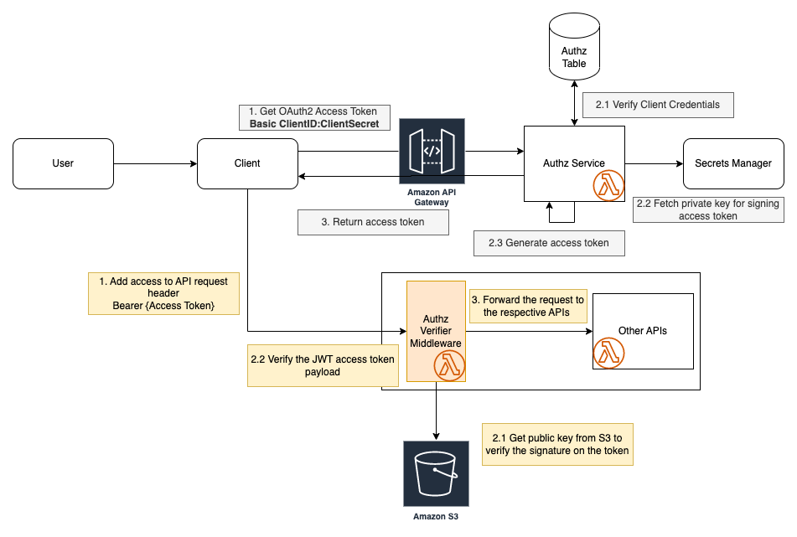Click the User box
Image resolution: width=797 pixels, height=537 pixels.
click(x=63, y=163)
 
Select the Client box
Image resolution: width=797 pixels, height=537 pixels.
click(x=247, y=163)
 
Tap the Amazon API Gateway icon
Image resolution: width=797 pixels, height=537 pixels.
click(x=432, y=152)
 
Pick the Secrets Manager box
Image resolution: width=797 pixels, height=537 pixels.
click(x=733, y=163)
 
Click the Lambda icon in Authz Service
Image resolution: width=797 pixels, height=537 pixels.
click(x=609, y=187)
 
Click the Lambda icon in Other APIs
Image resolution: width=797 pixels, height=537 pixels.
click(x=609, y=354)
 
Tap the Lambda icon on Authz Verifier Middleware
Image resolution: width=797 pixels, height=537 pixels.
click(x=450, y=366)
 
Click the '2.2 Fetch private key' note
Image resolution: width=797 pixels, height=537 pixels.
click(x=707, y=209)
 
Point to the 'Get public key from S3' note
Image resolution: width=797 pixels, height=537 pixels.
click(x=556, y=444)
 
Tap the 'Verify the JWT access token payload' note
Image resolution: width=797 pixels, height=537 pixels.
click(x=323, y=365)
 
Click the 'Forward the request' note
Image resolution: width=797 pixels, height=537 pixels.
click(x=527, y=306)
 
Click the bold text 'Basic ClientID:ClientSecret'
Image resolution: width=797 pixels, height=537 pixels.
click(x=314, y=124)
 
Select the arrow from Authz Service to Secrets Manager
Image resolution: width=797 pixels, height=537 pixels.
click(x=654, y=163)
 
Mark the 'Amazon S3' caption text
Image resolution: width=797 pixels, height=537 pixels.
click(x=436, y=516)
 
